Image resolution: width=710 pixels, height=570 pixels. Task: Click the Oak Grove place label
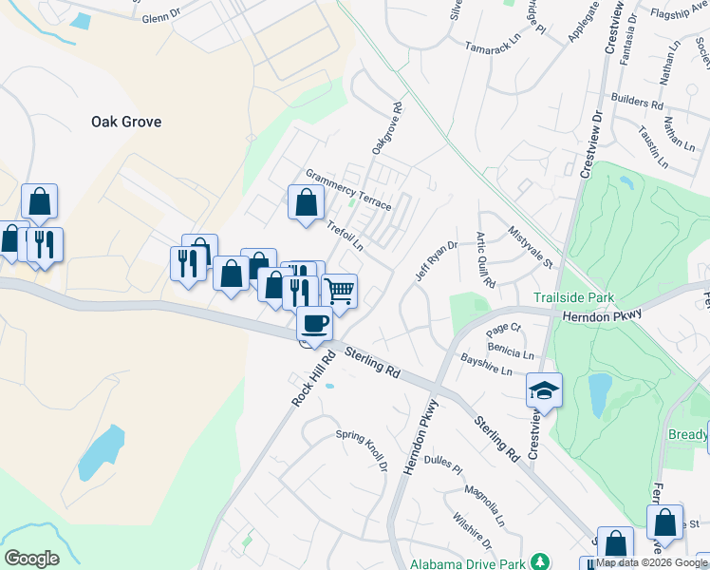126,122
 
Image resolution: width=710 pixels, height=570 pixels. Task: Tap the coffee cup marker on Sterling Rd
315,325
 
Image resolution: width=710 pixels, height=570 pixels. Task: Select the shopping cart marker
340,290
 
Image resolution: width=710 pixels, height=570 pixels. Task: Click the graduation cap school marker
544,390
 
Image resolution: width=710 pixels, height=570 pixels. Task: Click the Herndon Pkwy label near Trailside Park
602,315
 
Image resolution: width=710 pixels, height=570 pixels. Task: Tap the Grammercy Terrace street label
348,190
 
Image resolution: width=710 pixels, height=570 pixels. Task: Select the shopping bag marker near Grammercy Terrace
305,202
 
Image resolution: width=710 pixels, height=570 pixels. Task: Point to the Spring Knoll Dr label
363,449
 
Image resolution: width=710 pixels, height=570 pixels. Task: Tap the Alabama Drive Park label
468,563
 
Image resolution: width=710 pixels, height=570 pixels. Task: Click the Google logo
31,559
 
